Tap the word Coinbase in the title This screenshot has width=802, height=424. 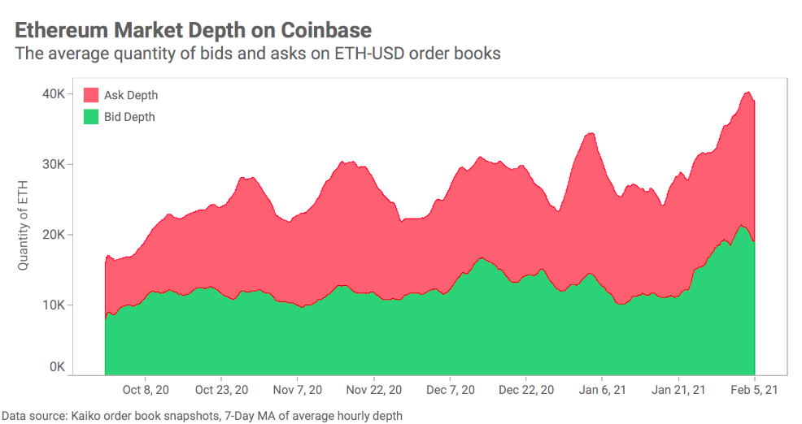(326, 30)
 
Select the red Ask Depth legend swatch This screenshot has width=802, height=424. (91, 95)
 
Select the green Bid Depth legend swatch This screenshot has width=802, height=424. (91, 117)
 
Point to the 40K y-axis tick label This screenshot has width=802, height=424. (54, 94)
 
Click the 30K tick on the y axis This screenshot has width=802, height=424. (54, 164)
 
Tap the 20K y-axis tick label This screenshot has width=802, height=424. (54, 235)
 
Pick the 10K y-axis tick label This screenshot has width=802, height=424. (54, 305)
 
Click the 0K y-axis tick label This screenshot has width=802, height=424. (57, 367)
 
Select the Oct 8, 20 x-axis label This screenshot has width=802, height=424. (146, 390)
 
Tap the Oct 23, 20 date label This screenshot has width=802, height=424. (221, 390)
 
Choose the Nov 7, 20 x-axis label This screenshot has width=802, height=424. (297, 390)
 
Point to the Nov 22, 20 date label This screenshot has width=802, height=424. (373, 390)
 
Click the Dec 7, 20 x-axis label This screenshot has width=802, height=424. (450, 390)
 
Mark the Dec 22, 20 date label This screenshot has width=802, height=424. (526, 390)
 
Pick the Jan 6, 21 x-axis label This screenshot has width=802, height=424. (602, 390)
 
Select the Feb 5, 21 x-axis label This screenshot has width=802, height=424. (754, 390)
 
